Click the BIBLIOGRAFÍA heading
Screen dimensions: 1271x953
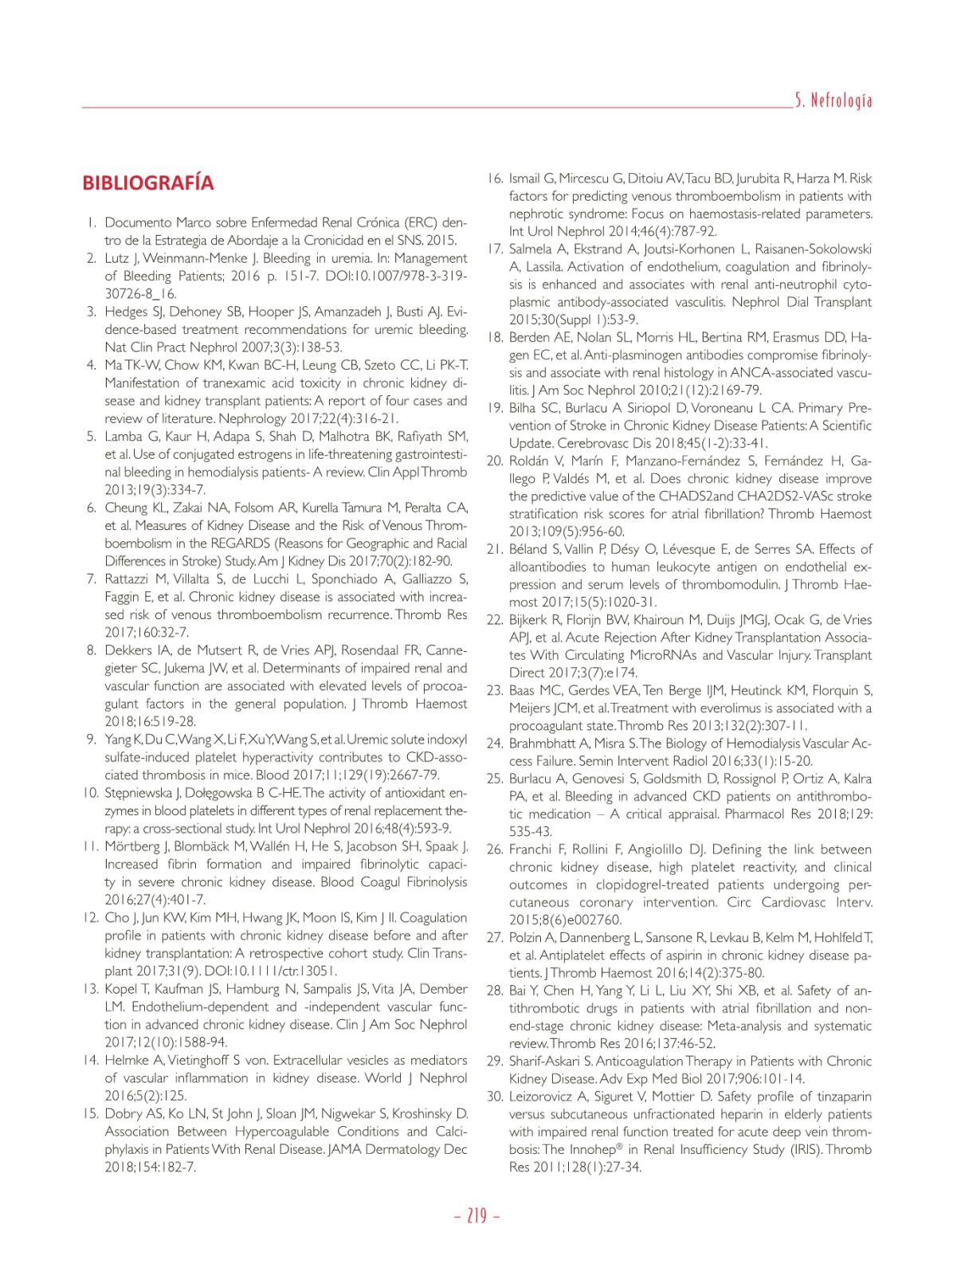click(x=147, y=182)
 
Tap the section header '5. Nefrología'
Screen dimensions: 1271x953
click(x=833, y=100)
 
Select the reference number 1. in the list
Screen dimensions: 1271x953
click(x=92, y=222)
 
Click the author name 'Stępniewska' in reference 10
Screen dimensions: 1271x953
click(x=139, y=793)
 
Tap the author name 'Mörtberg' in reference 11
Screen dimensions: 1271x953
click(x=131, y=846)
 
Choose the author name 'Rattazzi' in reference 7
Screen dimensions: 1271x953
click(x=131, y=579)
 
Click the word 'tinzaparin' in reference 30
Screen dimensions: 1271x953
click(x=841, y=1096)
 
